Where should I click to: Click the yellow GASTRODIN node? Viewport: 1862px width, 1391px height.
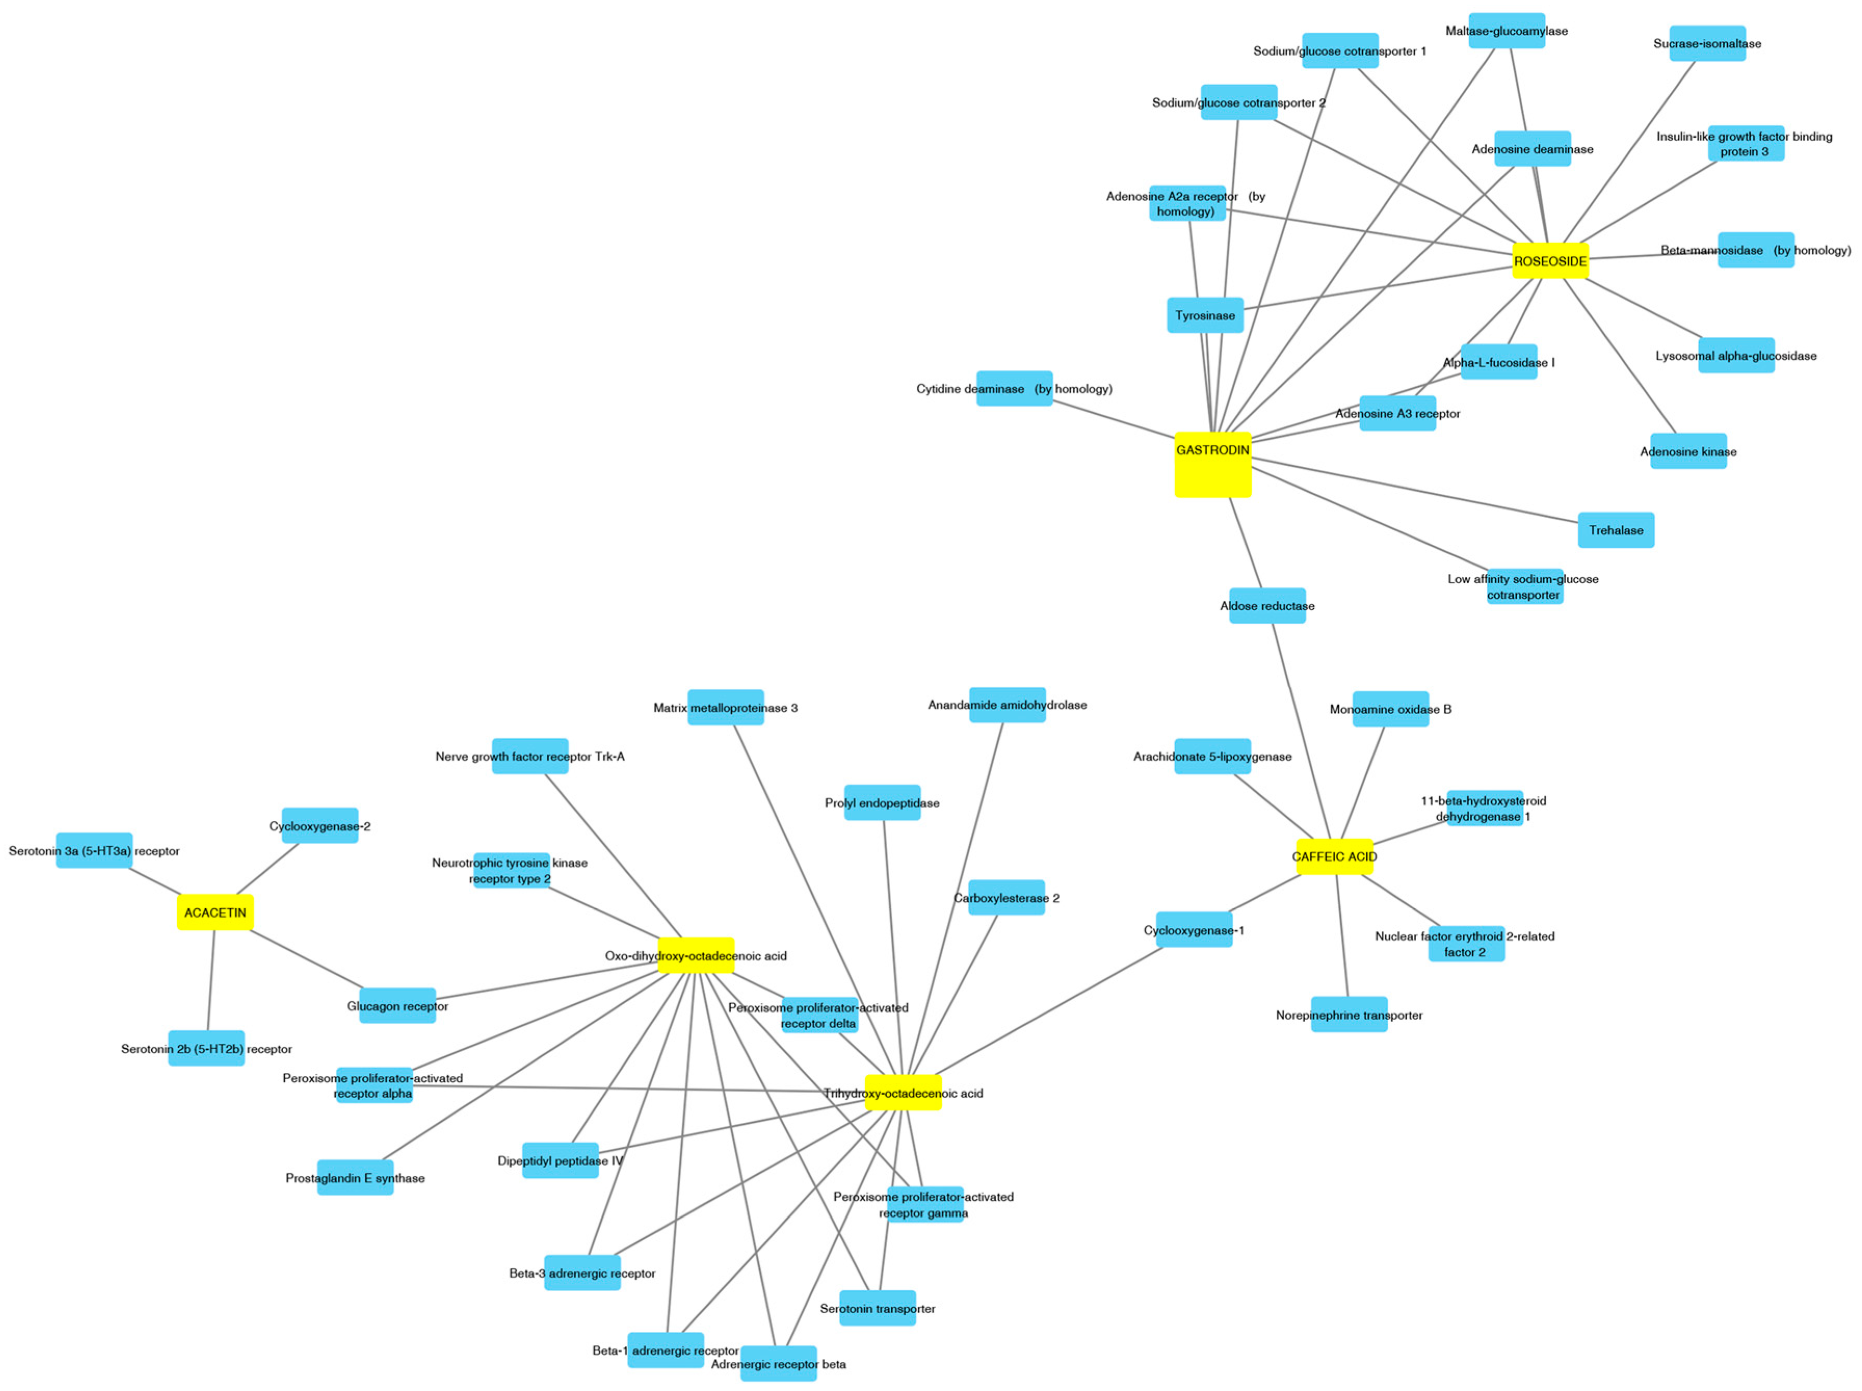1212,465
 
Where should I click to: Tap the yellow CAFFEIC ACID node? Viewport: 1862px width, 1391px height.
1334,856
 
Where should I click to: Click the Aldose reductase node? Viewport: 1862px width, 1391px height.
1267,606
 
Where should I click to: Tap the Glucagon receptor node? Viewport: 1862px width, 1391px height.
398,1005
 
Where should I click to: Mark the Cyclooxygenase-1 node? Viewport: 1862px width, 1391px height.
1194,929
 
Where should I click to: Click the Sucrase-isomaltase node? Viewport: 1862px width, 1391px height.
1707,44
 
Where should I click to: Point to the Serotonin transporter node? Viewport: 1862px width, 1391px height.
877,1308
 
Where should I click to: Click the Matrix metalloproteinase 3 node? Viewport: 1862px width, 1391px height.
725,707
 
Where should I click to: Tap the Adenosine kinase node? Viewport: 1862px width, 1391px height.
1688,451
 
